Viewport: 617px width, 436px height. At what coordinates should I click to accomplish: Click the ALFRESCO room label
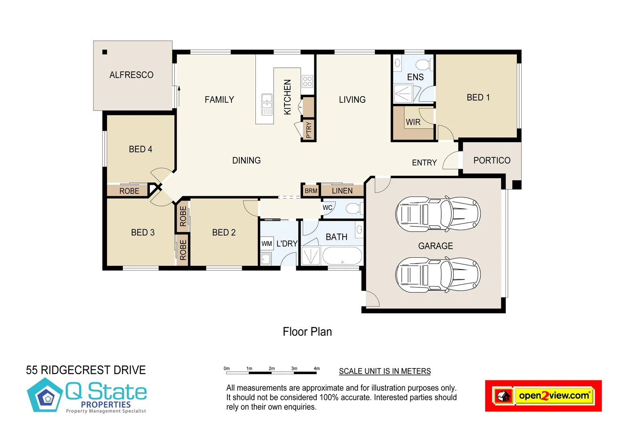click(x=131, y=75)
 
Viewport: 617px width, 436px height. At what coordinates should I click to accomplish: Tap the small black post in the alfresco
click(x=105, y=52)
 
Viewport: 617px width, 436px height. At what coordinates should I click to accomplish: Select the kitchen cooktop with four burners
click(x=307, y=82)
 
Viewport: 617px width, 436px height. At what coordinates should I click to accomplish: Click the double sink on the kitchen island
click(x=267, y=105)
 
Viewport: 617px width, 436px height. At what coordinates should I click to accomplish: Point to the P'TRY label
click(x=309, y=130)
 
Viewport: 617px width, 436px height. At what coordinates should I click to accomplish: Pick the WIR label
click(x=413, y=122)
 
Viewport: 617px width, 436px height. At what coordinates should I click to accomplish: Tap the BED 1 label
click(x=478, y=97)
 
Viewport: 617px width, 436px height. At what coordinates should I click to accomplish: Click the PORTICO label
click(x=492, y=160)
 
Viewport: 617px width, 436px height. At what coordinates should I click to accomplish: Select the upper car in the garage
click(x=438, y=214)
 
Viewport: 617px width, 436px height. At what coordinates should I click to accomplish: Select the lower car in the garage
click(x=438, y=275)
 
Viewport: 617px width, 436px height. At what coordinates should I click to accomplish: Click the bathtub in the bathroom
click(x=342, y=256)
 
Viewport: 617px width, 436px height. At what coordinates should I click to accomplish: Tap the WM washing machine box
click(x=267, y=243)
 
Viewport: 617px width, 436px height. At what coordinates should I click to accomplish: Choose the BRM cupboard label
click(x=311, y=191)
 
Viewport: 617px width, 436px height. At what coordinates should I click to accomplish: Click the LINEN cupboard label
click(x=342, y=191)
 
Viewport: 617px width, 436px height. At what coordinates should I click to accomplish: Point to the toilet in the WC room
click(x=354, y=209)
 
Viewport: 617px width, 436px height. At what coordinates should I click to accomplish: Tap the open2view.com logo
click(x=543, y=396)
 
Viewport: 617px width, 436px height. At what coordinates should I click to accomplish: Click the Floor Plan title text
click(x=307, y=331)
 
